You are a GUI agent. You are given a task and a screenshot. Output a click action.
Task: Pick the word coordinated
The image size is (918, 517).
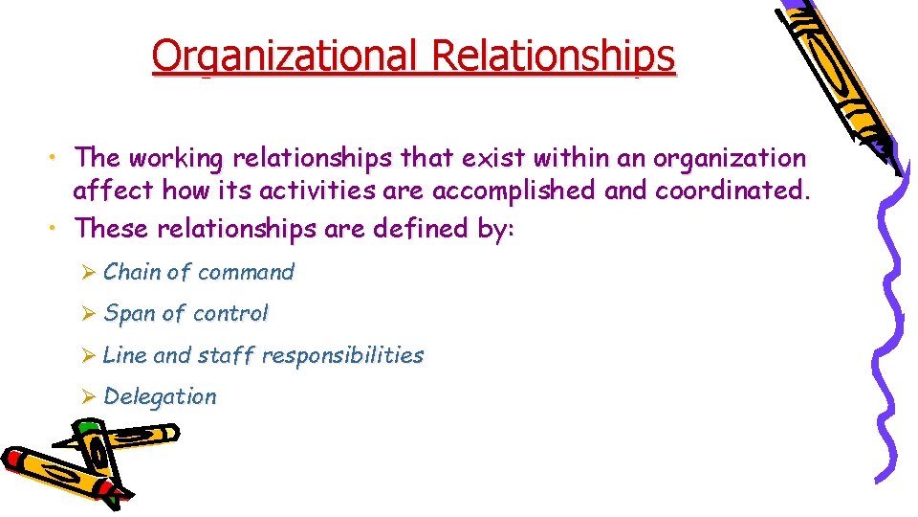point(732,191)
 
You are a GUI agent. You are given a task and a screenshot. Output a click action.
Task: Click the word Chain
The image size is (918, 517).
point(132,272)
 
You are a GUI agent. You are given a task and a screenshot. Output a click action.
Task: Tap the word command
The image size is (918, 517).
point(246,272)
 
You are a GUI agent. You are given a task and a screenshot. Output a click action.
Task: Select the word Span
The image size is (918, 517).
point(129,313)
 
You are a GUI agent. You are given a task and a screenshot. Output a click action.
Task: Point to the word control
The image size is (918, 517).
point(230,313)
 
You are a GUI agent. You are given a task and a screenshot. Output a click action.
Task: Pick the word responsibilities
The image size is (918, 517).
point(342,355)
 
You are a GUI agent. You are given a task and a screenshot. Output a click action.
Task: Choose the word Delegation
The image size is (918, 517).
point(160,396)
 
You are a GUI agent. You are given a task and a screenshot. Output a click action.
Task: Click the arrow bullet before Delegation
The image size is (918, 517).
point(88,397)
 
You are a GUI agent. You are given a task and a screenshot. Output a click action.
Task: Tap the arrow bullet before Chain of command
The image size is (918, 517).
point(88,273)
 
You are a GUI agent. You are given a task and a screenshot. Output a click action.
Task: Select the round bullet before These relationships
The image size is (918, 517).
point(58,228)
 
